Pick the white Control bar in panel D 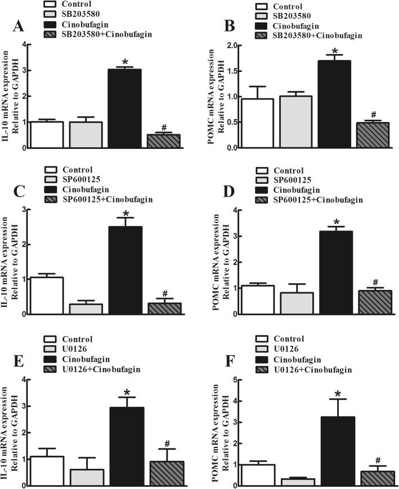pos(257,300)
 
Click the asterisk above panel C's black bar pos(125,214)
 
